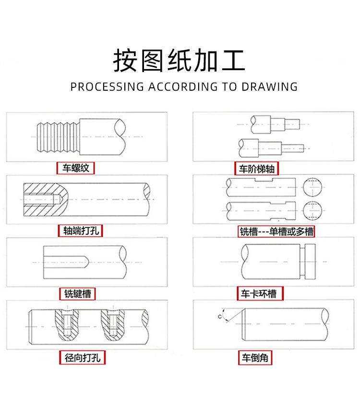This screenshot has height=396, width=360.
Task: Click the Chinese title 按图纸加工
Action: [x=179, y=60]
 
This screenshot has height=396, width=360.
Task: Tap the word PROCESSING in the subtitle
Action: [x=107, y=87]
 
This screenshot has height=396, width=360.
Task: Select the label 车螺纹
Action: [x=76, y=168]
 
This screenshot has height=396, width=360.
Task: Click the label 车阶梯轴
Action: [x=257, y=169]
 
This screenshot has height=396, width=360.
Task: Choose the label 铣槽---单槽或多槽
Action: [x=276, y=232]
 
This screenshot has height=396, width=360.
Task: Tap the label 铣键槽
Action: [x=78, y=293]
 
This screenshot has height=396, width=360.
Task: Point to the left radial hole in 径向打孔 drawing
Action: [x=66, y=324]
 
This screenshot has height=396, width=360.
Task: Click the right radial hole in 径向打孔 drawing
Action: [x=112, y=324]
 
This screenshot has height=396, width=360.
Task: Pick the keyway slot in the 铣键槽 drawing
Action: [x=65, y=262]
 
